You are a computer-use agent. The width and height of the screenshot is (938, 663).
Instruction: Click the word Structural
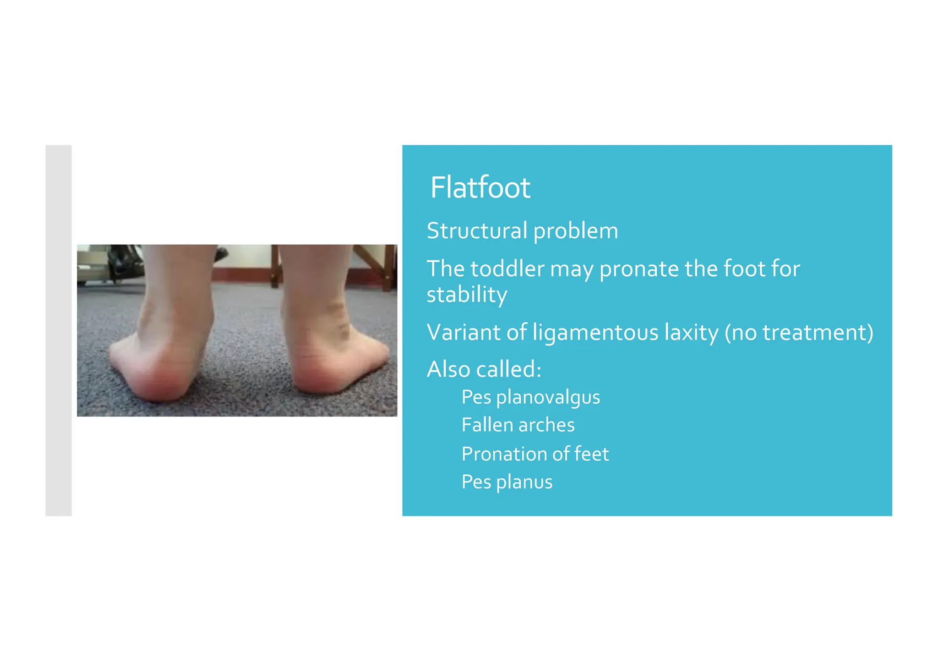point(477,230)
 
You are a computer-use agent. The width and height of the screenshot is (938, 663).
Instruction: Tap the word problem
point(576,231)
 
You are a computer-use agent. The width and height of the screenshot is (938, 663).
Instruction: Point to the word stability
point(466,295)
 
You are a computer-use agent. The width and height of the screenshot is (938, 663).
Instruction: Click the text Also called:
point(484,369)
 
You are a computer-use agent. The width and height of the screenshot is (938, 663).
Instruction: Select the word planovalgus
point(548,398)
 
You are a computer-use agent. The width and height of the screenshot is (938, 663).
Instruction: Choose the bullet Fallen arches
point(518,425)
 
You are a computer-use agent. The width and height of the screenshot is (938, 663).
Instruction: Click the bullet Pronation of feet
point(535,454)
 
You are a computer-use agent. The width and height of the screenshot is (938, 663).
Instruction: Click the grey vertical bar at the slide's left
point(59,330)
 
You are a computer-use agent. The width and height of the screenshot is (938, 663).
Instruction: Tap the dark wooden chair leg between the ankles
point(274,266)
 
